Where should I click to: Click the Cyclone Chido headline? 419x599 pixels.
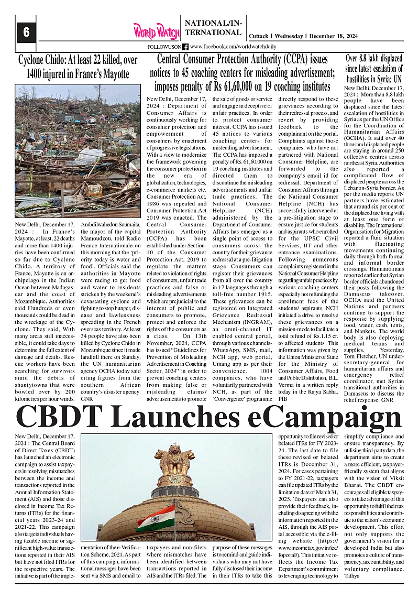78,67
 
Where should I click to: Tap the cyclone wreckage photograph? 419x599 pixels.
78,151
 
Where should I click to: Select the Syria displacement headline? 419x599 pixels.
374,68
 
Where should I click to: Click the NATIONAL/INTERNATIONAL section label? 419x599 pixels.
214,27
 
